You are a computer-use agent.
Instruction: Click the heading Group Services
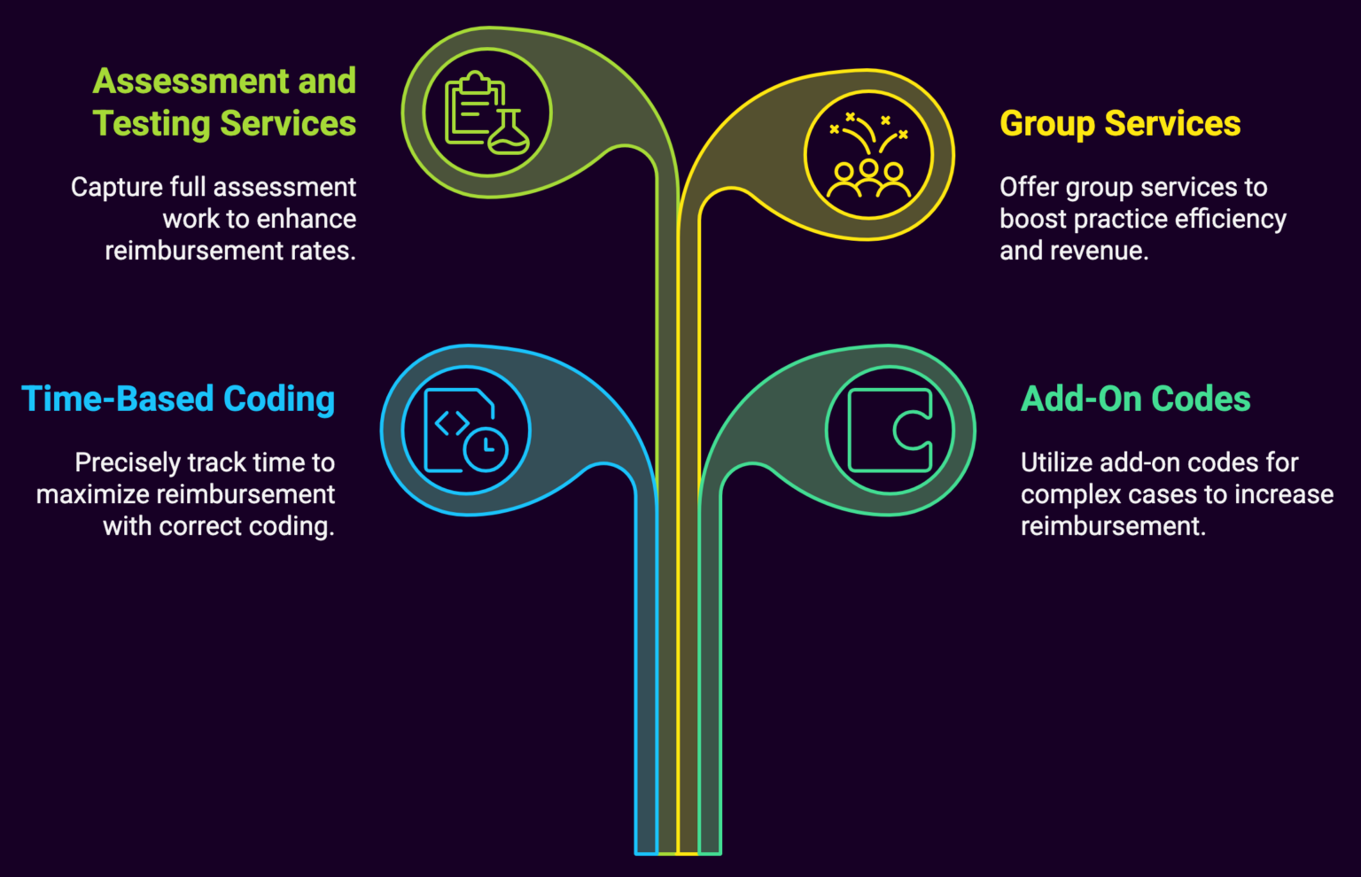click(1120, 124)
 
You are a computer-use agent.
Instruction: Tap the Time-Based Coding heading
click(178, 400)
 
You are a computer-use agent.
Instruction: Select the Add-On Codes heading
click(1135, 400)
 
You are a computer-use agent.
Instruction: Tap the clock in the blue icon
click(486, 448)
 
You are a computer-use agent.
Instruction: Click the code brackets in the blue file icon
click(451, 424)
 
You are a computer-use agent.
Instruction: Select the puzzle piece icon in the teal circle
click(890, 431)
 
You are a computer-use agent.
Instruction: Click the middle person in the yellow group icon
click(869, 175)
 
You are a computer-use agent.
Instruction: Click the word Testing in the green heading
click(152, 124)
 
